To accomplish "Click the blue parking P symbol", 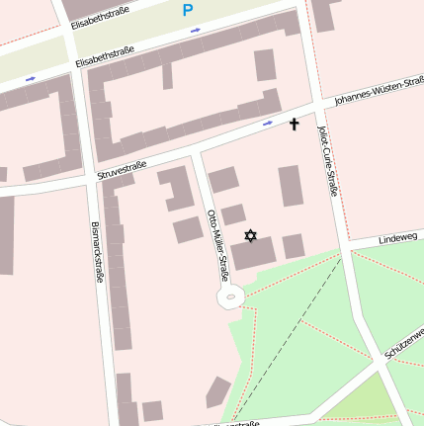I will (188, 11).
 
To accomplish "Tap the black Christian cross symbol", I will (294, 125).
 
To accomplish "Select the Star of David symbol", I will (250, 235).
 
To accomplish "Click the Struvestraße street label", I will (123, 170).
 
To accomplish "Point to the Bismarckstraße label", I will (97, 252).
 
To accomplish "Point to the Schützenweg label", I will (405, 342).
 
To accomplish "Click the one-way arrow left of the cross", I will (268, 125).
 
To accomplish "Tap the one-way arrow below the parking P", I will (195, 30).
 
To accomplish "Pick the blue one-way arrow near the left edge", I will (31, 78).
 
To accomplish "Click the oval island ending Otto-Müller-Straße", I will (231, 295).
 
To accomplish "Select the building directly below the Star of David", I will (254, 255).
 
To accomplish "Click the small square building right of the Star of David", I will (294, 246).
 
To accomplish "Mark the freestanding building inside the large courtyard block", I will (264, 65).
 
